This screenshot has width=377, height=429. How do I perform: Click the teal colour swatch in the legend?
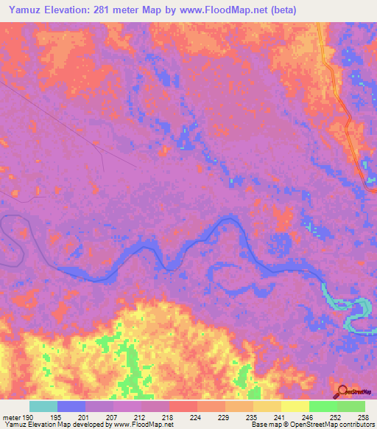coord(43,406)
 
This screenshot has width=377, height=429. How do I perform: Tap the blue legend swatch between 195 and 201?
coord(71,406)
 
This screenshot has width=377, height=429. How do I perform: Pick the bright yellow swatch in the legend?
coord(295,406)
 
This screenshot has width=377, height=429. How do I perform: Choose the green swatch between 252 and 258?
coord(351,406)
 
